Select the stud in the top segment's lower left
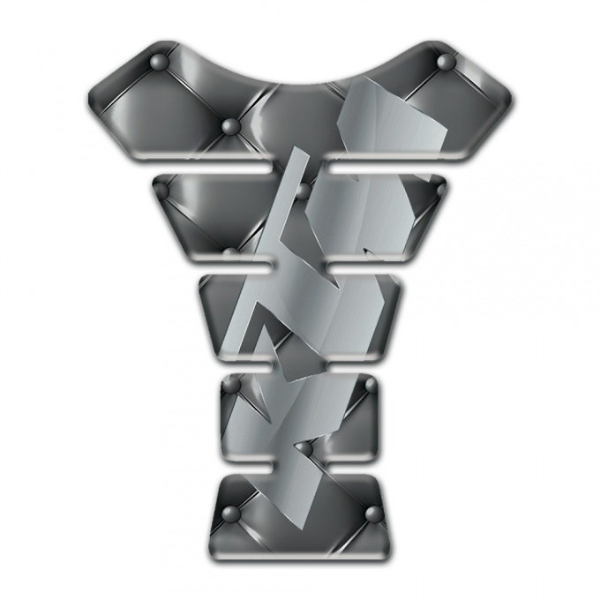coord(231,127)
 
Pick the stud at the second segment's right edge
coord(439,188)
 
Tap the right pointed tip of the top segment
coord(510,99)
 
